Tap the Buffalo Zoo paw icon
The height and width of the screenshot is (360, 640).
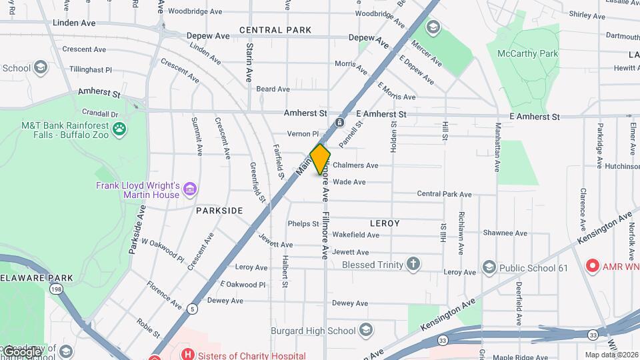(x=120, y=128)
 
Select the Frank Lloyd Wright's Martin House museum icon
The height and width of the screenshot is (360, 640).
(x=191, y=189)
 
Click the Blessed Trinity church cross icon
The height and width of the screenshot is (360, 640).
(x=413, y=264)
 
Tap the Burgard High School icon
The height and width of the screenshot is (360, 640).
(x=366, y=330)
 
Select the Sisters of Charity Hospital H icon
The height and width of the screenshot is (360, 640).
(x=189, y=355)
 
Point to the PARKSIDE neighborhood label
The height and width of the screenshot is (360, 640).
(x=219, y=210)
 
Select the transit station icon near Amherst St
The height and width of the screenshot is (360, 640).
(x=340, y=123)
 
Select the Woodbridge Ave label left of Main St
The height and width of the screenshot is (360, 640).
(x=195, y=11)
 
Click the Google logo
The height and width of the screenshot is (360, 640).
(x=23, y=351)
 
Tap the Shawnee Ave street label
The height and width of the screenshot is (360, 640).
(x=505, y=233)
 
